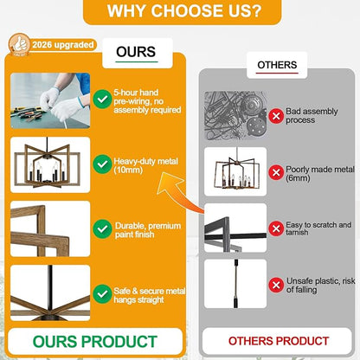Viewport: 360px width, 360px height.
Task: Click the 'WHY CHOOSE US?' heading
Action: pos(183,10)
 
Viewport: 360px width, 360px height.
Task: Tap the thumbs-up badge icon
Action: pos(19,44)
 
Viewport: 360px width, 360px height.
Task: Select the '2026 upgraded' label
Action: pos(63,45)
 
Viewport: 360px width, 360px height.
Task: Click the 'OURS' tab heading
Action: pos(136,52)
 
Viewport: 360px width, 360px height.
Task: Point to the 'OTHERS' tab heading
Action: pos(277,65)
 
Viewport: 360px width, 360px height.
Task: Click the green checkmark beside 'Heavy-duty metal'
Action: pos(102,164)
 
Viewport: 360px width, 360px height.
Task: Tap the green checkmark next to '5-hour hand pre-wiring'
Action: pos(102,100)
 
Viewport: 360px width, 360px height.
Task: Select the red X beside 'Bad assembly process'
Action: pos(276,116)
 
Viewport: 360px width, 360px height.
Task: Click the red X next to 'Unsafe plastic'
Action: pos(276,285)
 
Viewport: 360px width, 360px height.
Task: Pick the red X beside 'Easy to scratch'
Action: pos(276,228)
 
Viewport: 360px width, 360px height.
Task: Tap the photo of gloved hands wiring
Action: pos(50,100)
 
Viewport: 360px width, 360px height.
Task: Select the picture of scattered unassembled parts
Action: pos(235,115)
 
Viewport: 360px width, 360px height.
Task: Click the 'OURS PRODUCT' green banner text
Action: pos(95,342)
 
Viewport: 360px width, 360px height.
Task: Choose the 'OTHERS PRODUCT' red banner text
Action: pos(279,341)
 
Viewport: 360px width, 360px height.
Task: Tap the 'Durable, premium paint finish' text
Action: pos(148,230)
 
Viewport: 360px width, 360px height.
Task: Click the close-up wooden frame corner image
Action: pos(50,228)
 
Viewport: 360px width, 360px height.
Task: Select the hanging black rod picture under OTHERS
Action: pos(235,284)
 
